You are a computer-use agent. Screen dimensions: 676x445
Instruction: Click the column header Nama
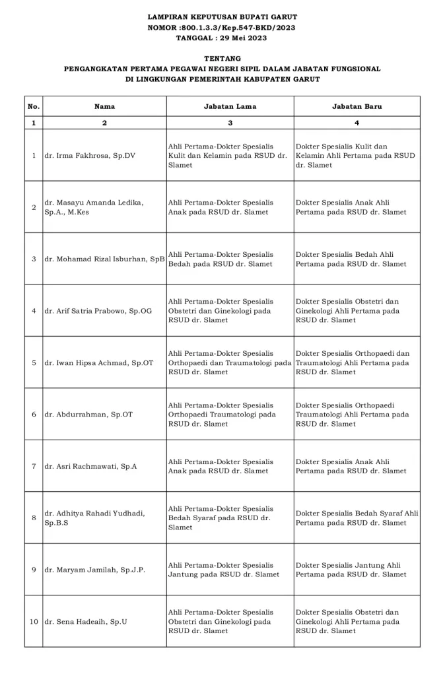click(x=104, y=106)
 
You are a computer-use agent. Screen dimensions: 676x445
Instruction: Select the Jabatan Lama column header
click(x=230, y=106)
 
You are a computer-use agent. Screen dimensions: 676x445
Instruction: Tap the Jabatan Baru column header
click(x=357, y=106)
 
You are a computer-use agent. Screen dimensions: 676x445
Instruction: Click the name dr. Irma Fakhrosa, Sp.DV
click(x=90, y=156)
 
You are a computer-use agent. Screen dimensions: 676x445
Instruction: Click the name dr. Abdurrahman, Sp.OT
click(x=88, y=415)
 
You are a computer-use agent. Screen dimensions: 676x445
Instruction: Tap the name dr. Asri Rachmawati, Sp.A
click(x=90, y=467)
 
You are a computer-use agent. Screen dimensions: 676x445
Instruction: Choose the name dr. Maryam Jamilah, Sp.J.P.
click(x=94, y=570)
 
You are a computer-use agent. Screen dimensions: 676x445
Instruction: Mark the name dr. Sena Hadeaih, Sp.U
click(x=86, y=622)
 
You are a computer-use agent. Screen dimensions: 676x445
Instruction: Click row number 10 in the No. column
click(x=34, y=622)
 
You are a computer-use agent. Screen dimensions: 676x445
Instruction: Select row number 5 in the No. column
click(x=34, y=363)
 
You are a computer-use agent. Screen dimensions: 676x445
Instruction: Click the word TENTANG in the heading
click(x=222, y=59)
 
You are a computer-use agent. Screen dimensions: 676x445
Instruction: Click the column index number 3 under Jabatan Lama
click(x=230, y=123)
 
